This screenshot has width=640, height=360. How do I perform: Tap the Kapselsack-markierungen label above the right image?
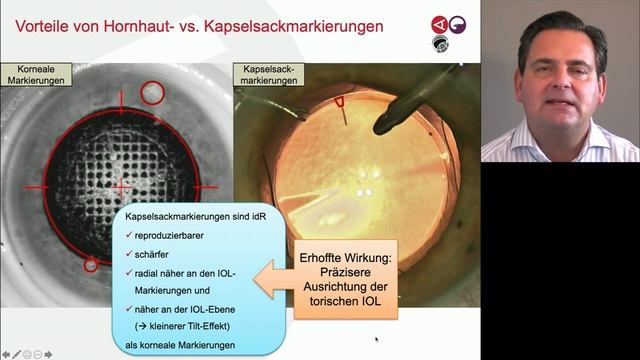tap(266, 76)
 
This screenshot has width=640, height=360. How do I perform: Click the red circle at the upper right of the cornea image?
tap(153, 93)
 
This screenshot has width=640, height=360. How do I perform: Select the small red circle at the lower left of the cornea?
tap(90, 265)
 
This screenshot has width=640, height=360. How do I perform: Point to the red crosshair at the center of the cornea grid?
tap(122, 187)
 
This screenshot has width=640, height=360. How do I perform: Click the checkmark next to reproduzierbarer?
tap(130, 234)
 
